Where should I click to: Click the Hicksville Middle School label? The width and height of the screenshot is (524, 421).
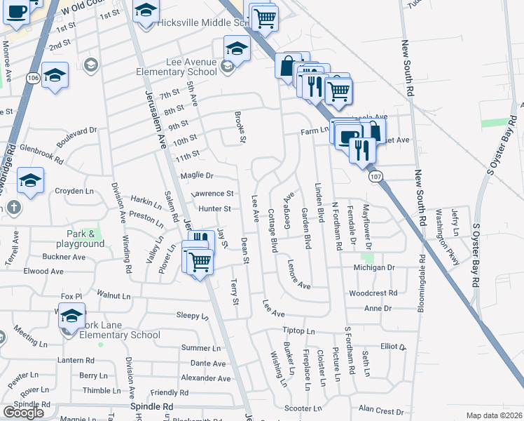(203, 22)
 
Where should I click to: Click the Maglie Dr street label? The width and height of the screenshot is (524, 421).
(196, 175)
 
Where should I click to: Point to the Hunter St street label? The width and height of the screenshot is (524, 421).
(214, 208)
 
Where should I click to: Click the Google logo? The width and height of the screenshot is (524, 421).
(23, 412)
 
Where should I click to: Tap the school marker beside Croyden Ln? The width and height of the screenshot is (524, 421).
(30, 180)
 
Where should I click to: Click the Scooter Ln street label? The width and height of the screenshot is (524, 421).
(303, 408)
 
